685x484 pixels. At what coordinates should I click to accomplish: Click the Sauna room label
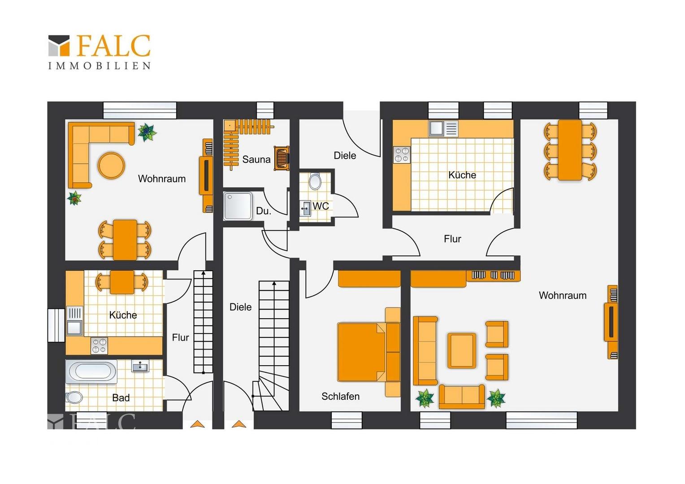[256, 159]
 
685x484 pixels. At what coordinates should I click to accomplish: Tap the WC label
[321, 206]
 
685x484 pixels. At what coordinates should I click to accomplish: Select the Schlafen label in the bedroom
[340, 397]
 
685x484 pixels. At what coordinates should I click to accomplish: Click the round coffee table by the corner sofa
[111, 165]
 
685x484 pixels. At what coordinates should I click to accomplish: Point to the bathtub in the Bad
[91, 372]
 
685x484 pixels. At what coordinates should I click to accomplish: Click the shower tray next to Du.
[238, 205]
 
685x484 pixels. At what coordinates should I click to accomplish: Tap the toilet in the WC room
[315, 181]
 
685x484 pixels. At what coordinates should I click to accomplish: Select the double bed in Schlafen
[369, 352]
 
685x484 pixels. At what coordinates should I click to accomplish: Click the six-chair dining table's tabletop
[570, 150]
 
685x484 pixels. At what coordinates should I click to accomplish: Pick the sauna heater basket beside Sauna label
[282, 158]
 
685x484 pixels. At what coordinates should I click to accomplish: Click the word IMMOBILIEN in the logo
[100, 66]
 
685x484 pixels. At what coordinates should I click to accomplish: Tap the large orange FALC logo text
[113, 46]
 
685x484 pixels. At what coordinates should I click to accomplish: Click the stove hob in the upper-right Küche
[402, 155]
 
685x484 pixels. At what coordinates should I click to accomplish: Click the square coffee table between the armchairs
[461, 350]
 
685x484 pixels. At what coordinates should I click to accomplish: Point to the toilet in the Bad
[74, 398]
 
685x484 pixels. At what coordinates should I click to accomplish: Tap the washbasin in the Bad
[140, 366]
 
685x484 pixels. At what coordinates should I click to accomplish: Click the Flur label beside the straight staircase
[180, 337]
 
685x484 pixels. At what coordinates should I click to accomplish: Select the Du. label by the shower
[264, 211]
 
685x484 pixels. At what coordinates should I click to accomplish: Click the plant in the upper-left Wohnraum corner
[147, 132]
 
